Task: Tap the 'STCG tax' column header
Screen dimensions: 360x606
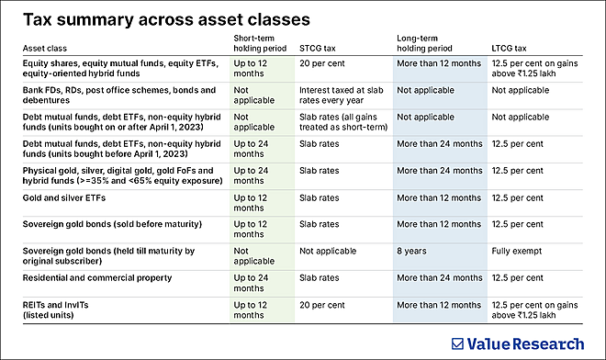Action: [x=319, y=46]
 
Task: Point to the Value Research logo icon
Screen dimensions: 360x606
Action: [x=459, y=343]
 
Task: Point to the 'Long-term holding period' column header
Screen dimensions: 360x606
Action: [x=427, y=41]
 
